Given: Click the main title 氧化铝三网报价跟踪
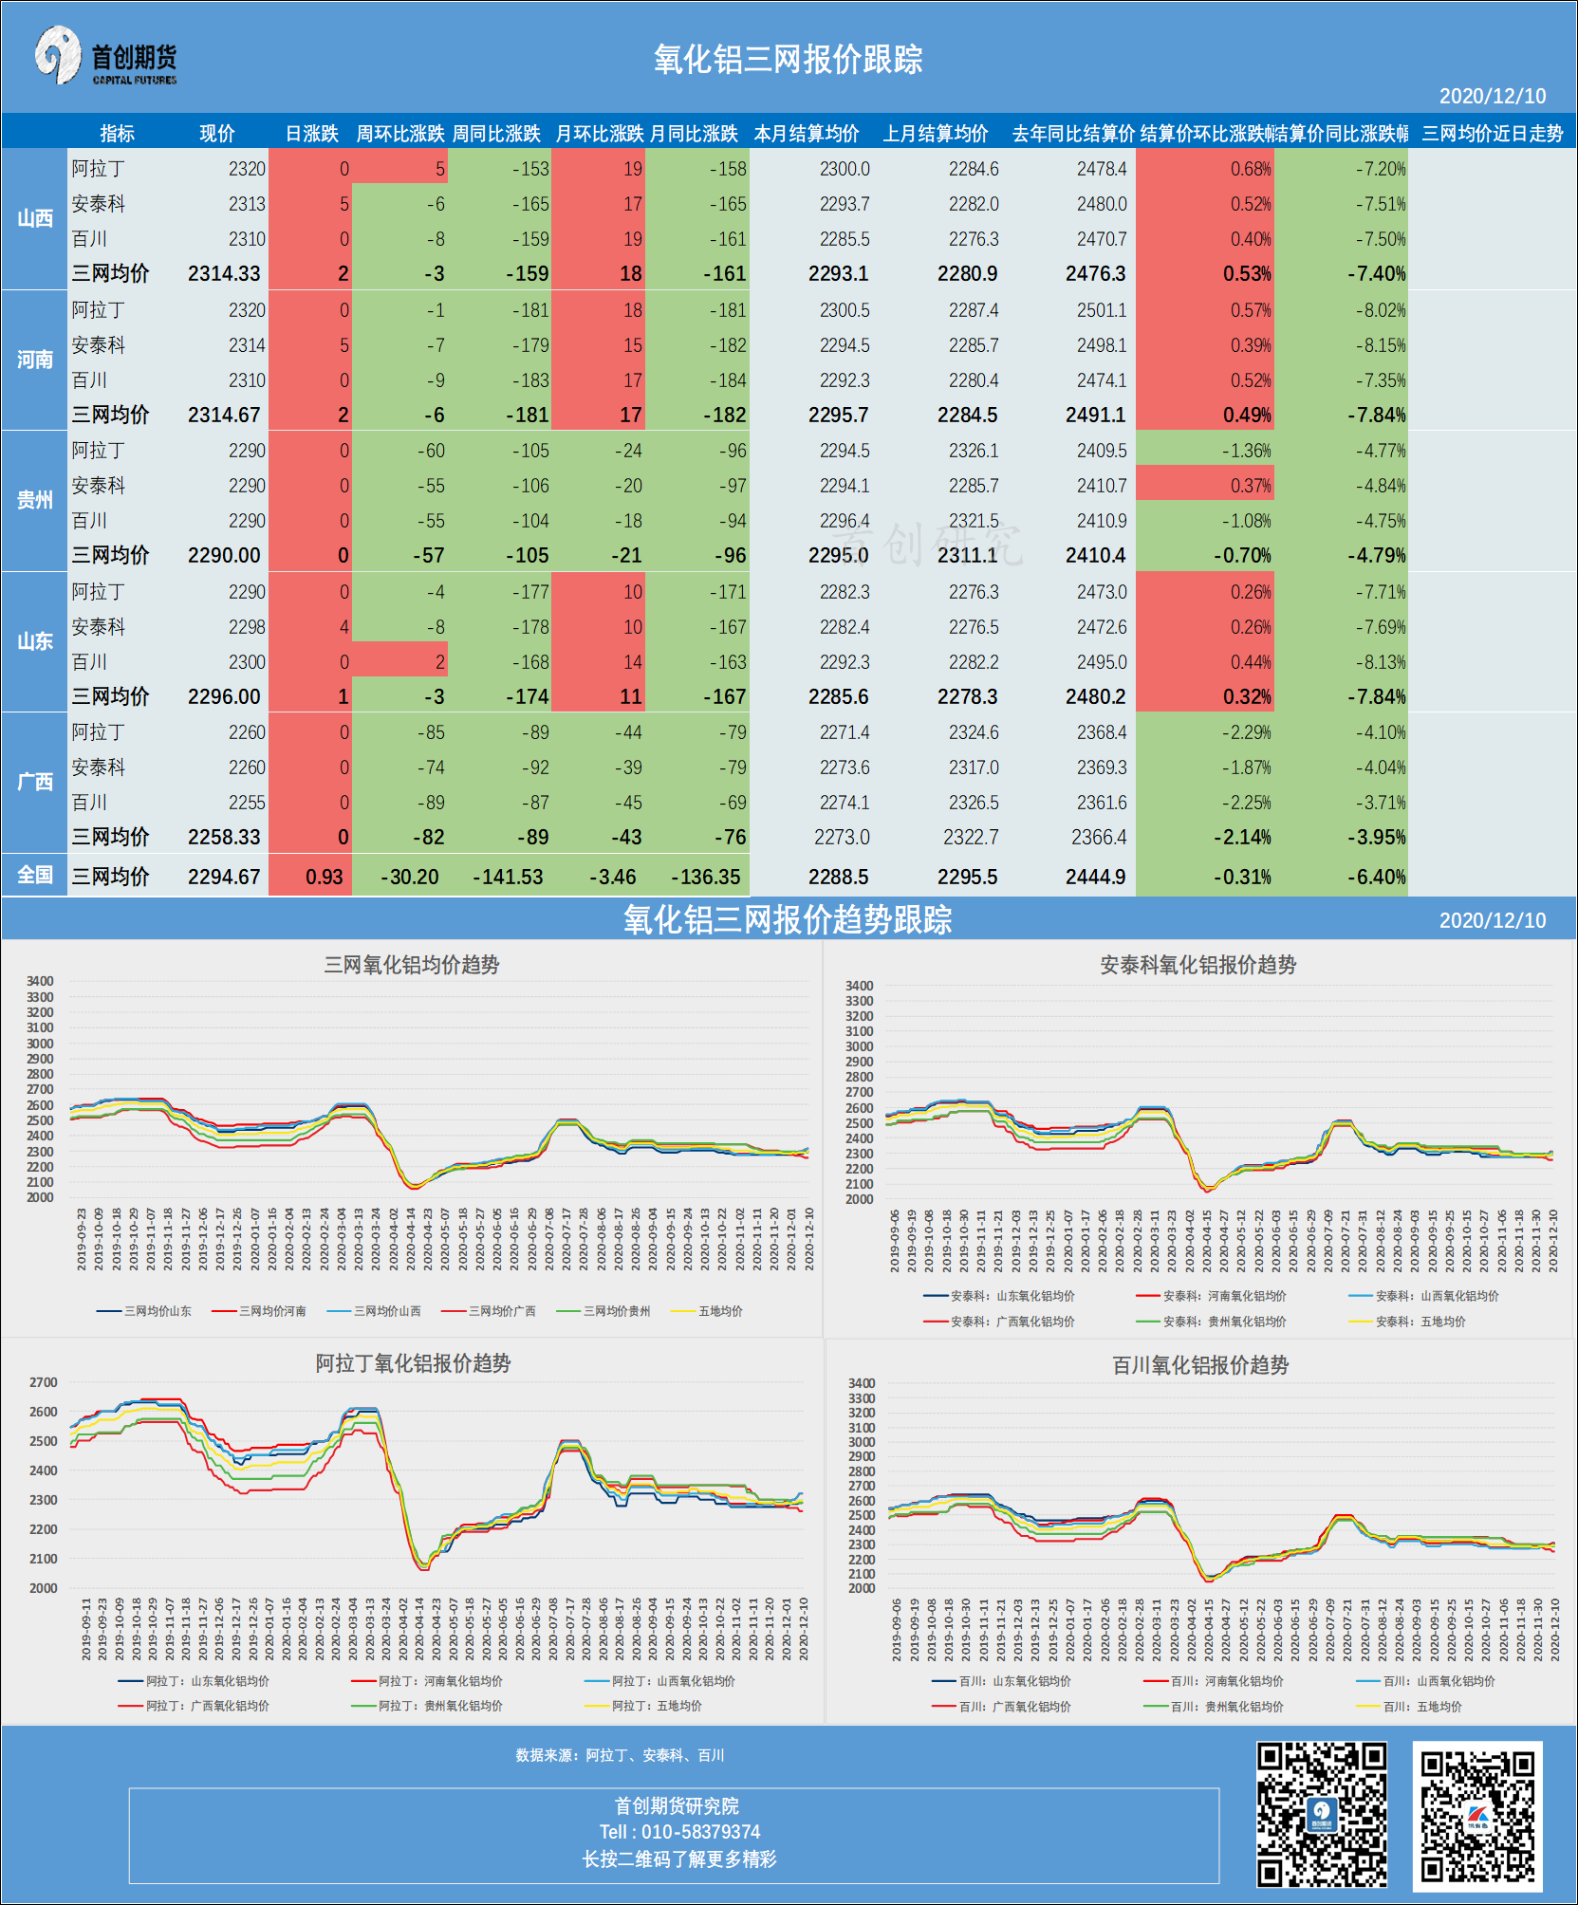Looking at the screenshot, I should [x=788, y=60].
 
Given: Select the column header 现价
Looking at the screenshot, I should [x=216, y=134].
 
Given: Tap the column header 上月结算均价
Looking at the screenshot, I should [x=936, y=134].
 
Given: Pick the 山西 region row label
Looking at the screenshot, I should [x=34, y=218].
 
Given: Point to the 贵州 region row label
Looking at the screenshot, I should [x=34, y=500].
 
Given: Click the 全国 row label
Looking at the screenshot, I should [x=34, y=875].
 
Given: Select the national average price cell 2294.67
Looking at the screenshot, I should [x=224, y=877].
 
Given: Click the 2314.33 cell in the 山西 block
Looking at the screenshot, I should [x=224, y=274].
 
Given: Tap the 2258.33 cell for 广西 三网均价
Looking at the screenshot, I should [x=224, y=837].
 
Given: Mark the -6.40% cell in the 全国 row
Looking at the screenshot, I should [x=1376, y=877].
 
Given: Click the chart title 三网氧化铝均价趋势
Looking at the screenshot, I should [x=412, y=965].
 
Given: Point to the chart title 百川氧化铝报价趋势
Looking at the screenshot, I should [x=1200, y=1365].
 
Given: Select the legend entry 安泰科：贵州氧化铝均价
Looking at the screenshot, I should [x=1224, y=1322].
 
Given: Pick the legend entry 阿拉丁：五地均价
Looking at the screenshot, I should [x=656, y=1706].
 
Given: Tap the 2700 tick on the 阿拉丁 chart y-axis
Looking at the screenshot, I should [x=43, y=1382].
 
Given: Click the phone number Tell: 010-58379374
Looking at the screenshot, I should [x=679, y=1832].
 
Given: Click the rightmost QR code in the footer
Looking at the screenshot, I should [x=1476, y=1816].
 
